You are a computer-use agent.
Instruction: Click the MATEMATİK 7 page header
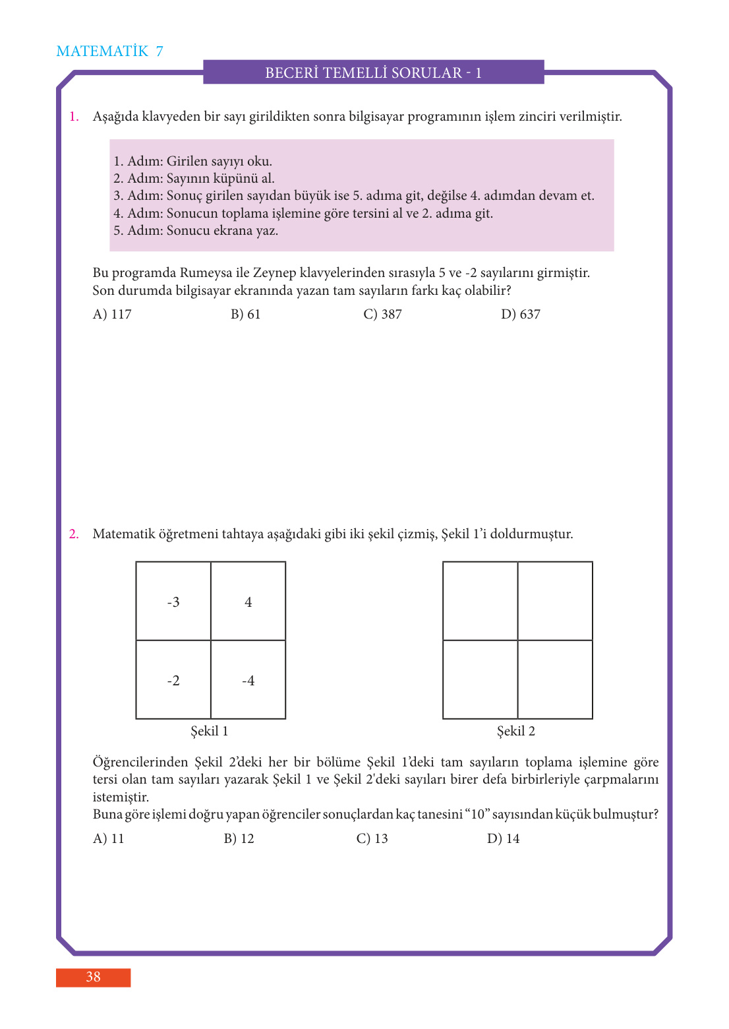point(109,51)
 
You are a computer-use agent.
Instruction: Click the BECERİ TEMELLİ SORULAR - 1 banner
point(373,73)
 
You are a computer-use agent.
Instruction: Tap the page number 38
point(93,977)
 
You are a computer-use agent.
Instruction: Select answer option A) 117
point(112,315)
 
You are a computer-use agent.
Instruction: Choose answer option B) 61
point(245,315)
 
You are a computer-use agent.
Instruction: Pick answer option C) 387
point(382,315)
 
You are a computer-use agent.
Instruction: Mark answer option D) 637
point(520,315)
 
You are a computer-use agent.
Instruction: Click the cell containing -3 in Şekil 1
point(173,602)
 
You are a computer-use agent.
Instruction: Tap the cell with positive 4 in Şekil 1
point(248,602)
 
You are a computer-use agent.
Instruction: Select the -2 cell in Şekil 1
point(173,680)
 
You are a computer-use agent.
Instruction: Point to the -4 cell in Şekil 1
point(248,680)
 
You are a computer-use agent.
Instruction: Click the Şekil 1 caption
point(209,731)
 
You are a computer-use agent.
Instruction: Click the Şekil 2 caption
point(515,731)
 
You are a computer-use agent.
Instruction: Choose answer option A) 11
point(108,838)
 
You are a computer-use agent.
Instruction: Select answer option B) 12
point(239,838)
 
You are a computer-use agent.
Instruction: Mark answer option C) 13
point(372,838)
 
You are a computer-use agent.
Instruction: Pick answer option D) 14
point(503,838)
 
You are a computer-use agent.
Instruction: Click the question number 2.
point(74,534)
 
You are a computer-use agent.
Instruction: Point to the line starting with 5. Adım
point(196,230)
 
